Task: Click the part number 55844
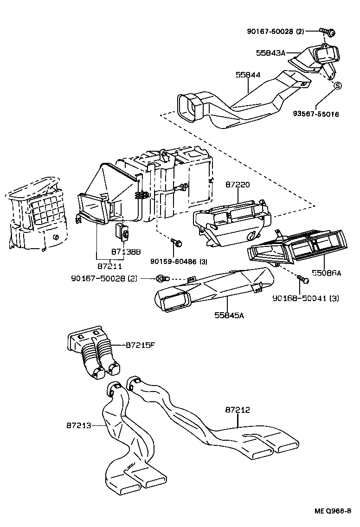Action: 247,74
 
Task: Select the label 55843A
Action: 270,53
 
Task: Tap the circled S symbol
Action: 337,85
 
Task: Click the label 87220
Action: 238,185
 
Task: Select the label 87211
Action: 110,266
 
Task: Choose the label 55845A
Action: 229,315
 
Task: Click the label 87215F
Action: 140,345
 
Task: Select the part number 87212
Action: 238,410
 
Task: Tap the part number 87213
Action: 79,425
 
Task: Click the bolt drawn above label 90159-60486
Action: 177,242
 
